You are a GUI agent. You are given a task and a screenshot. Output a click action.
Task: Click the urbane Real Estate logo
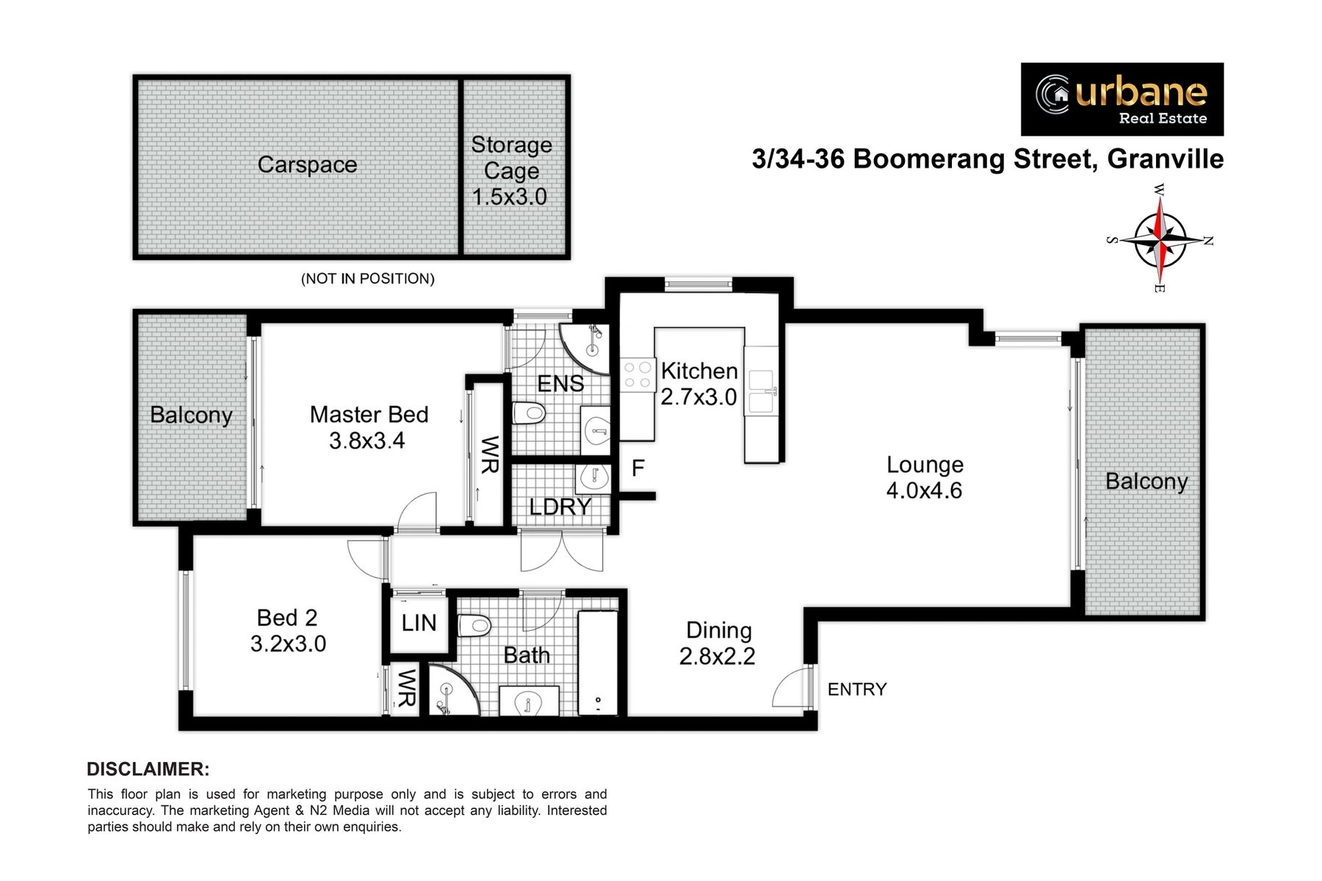[1122, 99]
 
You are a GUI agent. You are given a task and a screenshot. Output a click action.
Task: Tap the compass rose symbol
[1159, 239]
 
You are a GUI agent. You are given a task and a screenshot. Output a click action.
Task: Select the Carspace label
[307, 165]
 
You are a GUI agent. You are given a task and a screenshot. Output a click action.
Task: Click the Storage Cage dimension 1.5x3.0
[510, 197]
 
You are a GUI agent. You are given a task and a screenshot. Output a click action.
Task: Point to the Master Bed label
[369, 414]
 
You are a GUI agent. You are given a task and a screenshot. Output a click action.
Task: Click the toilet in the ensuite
[529, 413]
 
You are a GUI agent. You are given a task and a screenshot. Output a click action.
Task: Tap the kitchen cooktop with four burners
[637, 374]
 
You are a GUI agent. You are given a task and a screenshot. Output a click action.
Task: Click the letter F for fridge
[638, 468]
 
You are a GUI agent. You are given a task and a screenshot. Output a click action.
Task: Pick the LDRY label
[560, 507]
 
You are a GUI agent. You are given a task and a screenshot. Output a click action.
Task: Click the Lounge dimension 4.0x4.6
[924, 490]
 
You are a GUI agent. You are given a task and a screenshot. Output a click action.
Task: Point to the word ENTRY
[857, 689]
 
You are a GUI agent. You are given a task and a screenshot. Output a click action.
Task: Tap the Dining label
[719, 630]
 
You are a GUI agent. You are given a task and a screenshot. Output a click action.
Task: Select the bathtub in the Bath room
[598, 662]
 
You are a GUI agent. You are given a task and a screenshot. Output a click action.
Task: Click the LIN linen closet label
[419, 623]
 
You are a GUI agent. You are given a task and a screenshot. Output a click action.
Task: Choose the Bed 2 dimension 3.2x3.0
[288, 644]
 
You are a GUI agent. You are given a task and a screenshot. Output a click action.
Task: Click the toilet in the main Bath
[474, 626]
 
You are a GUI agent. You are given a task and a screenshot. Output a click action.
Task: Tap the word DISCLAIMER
[148, 769]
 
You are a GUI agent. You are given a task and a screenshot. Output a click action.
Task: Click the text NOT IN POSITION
[368, 279]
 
